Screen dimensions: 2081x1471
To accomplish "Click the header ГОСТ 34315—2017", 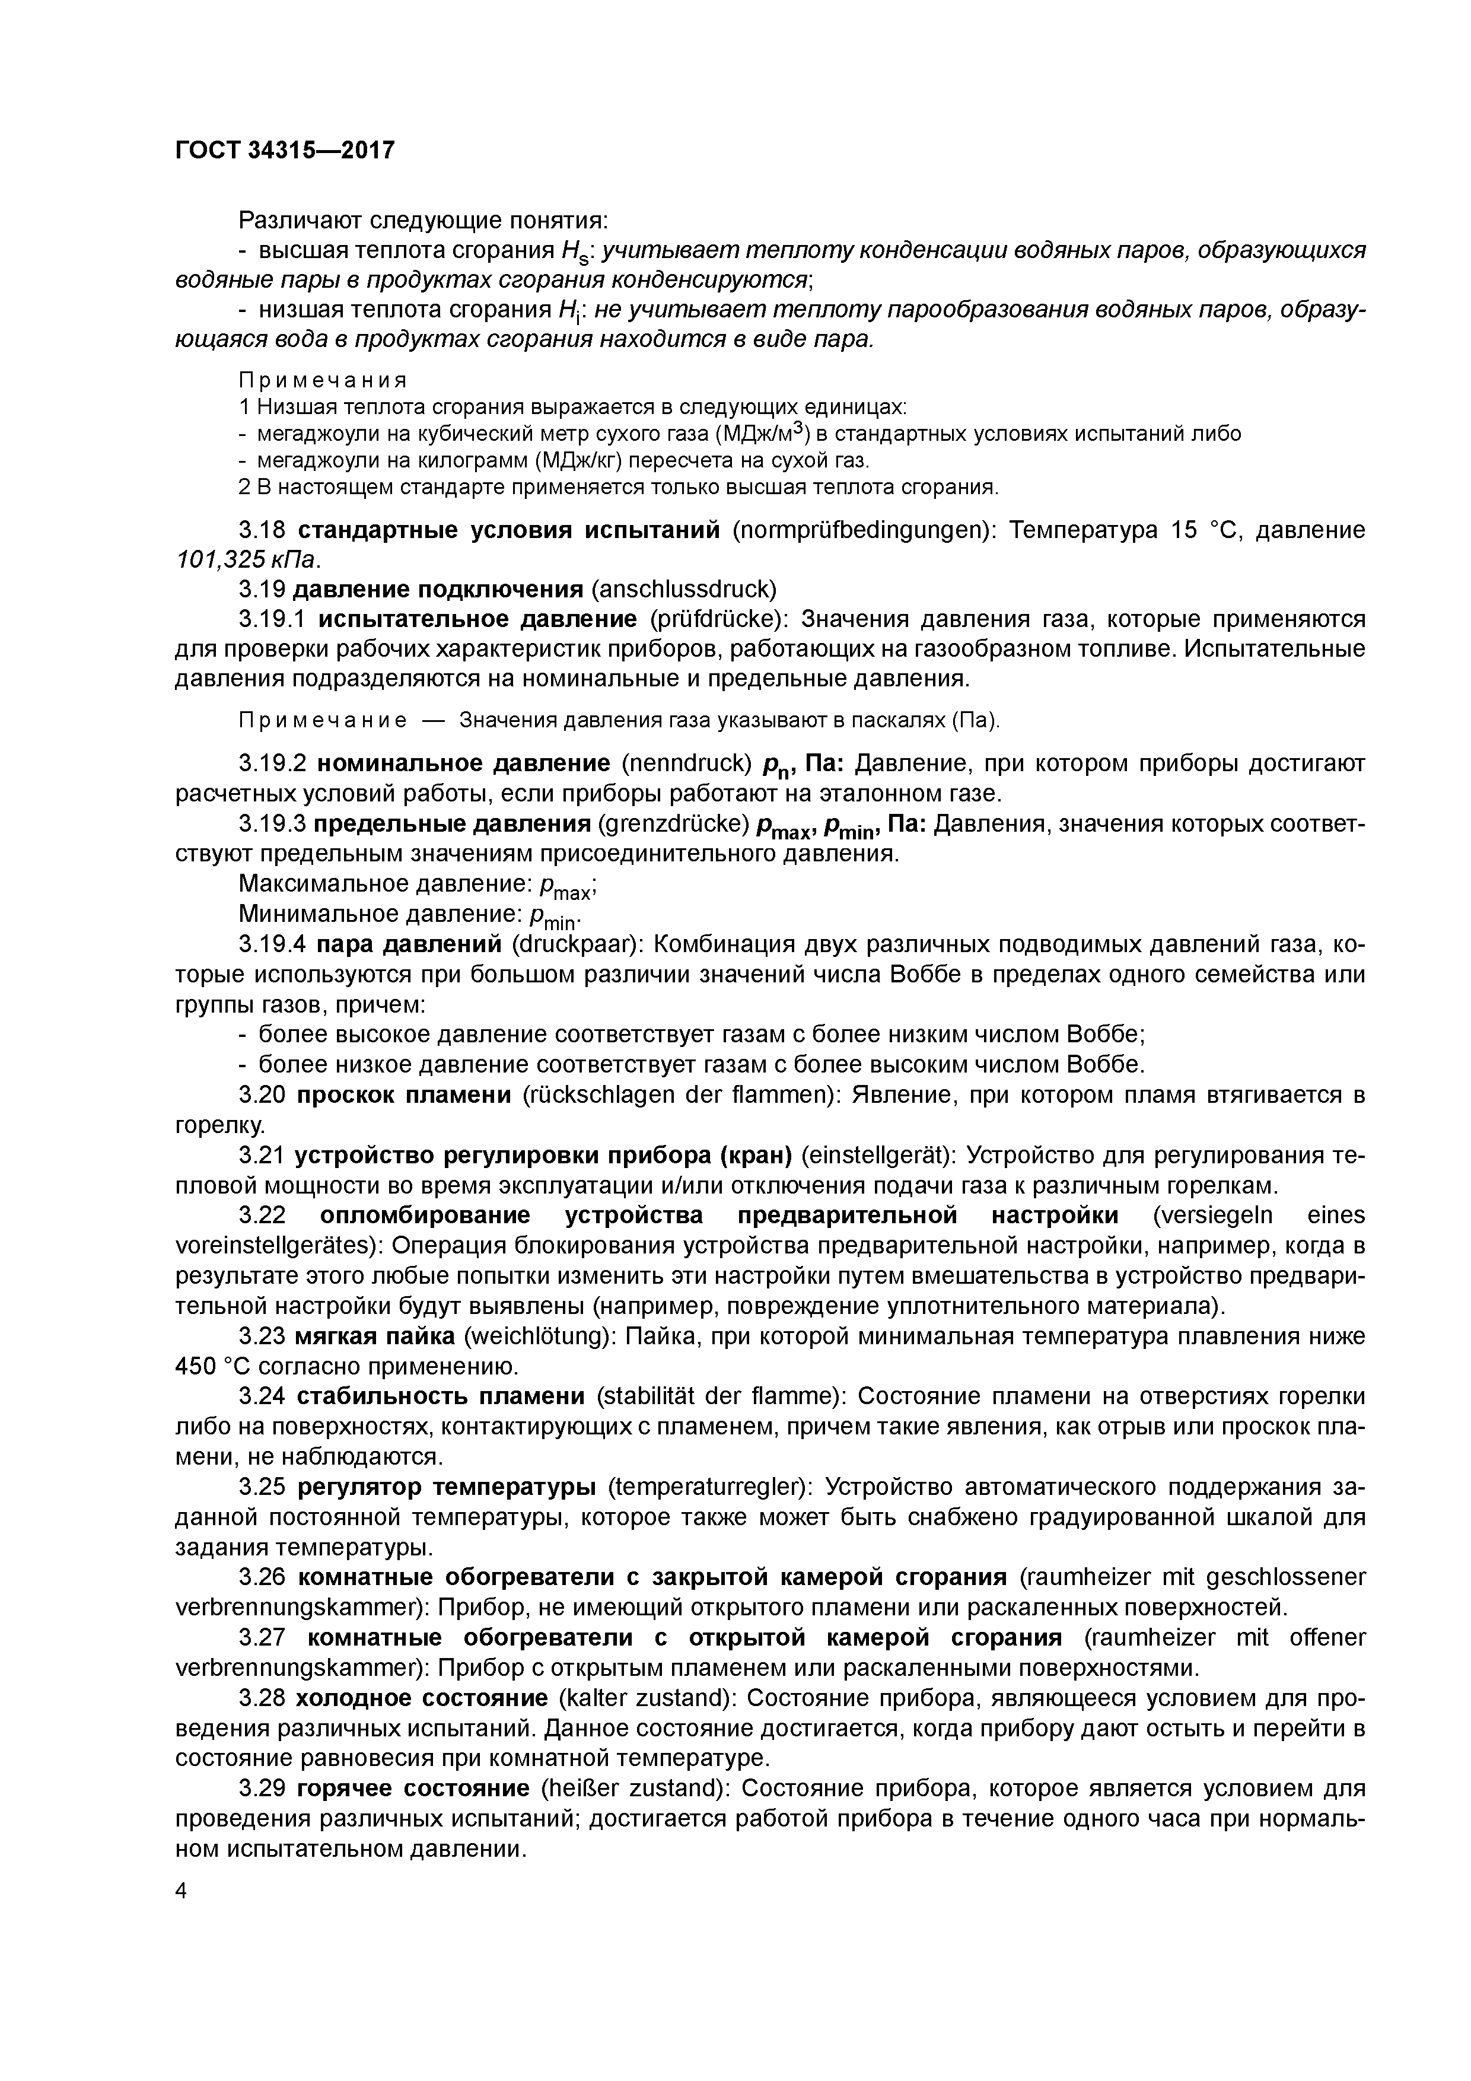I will [x=285, y=149].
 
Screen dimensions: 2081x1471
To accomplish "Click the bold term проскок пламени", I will [x=405, y=1095].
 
